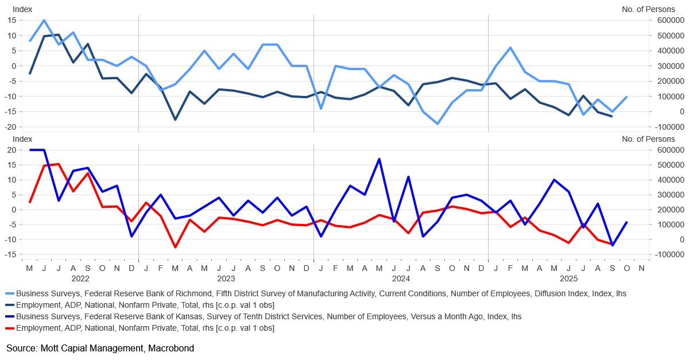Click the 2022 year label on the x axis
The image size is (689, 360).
tap(80, 278)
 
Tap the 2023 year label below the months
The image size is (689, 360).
tap(226, 278)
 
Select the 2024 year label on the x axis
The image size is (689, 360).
tap(400, 278)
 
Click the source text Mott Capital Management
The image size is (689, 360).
tap(100, 348)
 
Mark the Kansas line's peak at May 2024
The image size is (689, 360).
tap(379, 158)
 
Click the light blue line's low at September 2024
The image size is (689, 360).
tap(438, 123)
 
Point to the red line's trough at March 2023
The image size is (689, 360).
tap(175, 247)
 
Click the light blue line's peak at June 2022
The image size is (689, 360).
tap(44, 20)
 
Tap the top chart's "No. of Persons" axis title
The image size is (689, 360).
tap(649, 9)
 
